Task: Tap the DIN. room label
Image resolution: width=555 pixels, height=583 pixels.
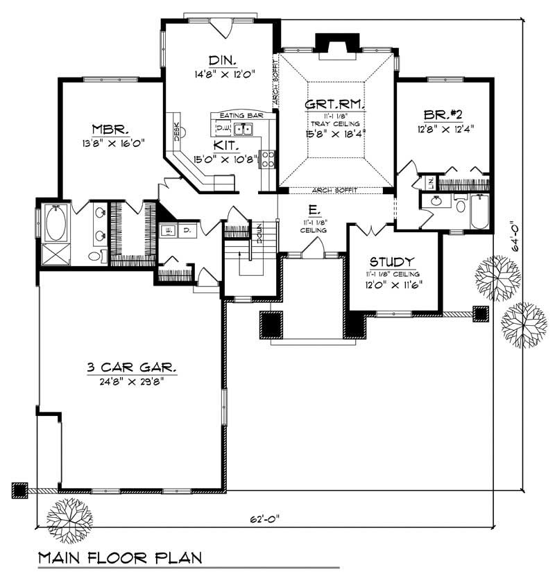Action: pos(221,59)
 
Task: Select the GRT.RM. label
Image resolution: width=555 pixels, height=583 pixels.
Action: pos(335,104)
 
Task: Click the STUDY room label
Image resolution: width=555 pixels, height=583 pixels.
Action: pos(393,261)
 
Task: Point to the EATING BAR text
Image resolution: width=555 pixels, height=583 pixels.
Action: pos(238,115)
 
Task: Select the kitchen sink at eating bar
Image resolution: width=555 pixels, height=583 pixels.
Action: pos(243,128)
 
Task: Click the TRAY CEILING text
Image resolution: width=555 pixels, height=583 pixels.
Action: pos(336,123)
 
